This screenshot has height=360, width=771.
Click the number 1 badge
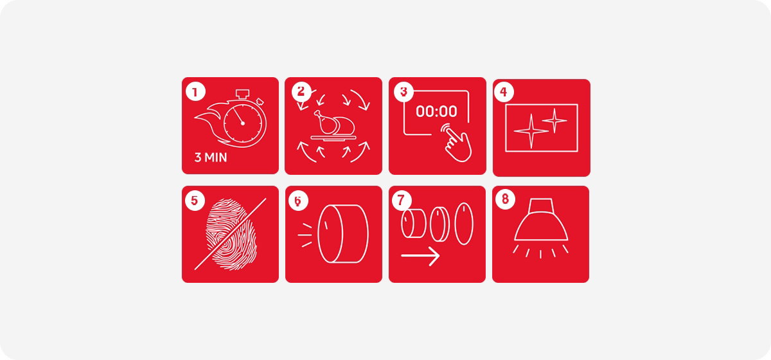[x=195, y=92]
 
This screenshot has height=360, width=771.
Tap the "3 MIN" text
[x=211, y=157]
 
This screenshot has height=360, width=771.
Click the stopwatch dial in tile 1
[x=244, y=123]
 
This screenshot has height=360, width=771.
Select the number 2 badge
[x=301, y=91]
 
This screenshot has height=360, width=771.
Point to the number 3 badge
[x=403, y=92]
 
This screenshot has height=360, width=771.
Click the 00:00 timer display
[x=436, y=111]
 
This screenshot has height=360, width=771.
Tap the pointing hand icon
[x=456, y=143]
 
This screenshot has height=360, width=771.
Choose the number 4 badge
[x=504, y=92]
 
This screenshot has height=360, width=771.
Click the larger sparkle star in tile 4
[x=531, y=131]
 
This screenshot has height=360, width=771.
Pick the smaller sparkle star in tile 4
[x=554, y=121]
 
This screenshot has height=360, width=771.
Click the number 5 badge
[x=195, y=201]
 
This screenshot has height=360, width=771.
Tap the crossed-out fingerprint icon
[x=230, y=234]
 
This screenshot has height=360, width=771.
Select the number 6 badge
[x=298, y=201]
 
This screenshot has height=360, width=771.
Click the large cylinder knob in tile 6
[x=343, y=233]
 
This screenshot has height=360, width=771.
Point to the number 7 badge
[x=402, y=200]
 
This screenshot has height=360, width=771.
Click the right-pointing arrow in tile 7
[x=421, y=256]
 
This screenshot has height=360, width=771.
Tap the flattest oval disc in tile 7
[x=464, y=224]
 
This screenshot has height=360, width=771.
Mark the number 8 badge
[x=505, y=199]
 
